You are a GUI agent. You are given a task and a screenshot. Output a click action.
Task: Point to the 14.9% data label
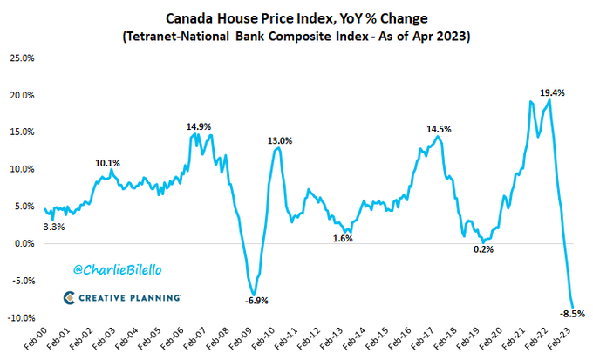pyautogui.click(x=199, y=126)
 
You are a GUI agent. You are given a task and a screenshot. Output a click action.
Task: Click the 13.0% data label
pyautogui.click(x=280, y=140)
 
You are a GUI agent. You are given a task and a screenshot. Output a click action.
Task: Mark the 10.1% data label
pyautogui.click(x=108, y=163)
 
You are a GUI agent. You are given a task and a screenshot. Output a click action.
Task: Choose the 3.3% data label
pyautogui.click(x=54, y=227)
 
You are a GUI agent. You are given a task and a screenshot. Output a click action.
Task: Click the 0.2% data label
pyautogui.click(x=483, y=249)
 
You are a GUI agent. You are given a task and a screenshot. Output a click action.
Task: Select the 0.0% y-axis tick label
pyautogui.click(x=23, y=243)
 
